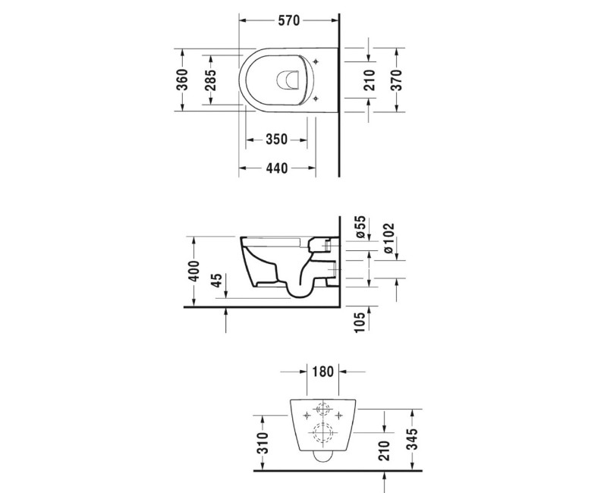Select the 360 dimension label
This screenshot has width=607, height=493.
point(183,80)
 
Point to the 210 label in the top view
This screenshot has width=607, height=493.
point(370,80)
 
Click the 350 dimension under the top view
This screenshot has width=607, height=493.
point(276,140)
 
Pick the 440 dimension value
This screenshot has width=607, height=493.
point(276,168)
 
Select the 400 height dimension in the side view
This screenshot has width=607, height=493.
point(193,271)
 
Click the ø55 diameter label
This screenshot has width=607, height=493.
point(361,228)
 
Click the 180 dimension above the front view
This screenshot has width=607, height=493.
point(323,372)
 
